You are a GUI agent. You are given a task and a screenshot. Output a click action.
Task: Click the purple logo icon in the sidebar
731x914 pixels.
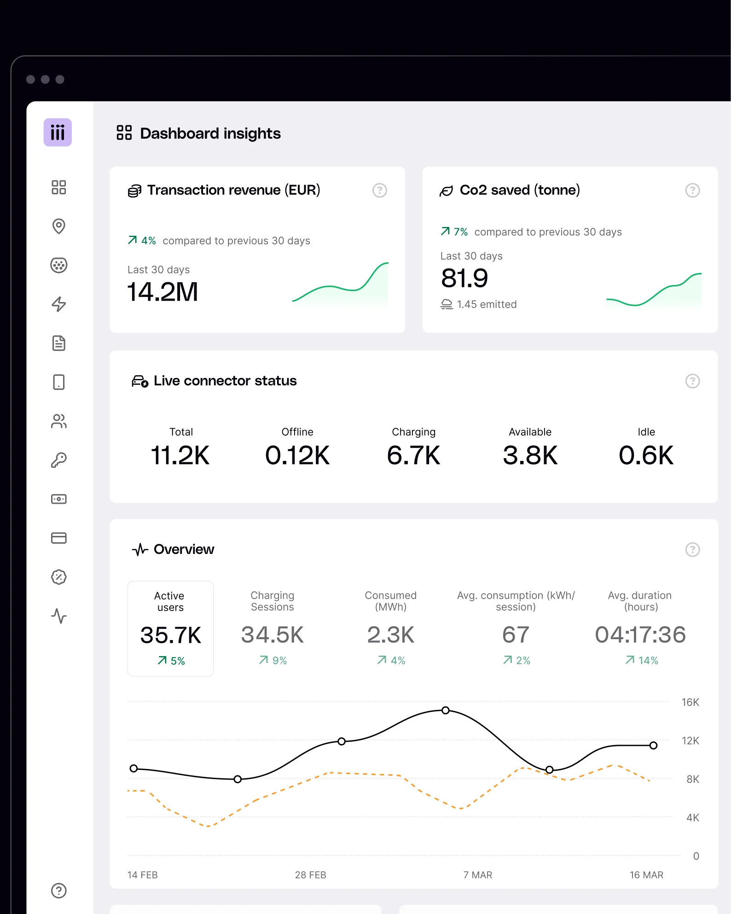coord(58,133)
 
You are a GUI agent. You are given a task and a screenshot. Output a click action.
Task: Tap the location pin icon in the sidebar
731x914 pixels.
coord(59,226)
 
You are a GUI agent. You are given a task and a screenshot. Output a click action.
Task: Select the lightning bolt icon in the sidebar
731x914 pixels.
coord(59,304)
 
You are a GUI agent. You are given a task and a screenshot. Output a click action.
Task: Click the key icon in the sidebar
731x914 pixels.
coord(59,460)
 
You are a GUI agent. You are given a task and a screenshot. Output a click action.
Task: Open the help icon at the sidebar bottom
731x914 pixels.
coord(59,891)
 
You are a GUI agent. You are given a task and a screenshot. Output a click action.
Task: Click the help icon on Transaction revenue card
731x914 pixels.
coord(380,190)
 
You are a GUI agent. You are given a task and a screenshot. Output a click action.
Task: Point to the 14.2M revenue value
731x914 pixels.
coord(162,292)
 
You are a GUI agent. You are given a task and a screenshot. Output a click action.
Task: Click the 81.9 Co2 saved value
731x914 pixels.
coord(464,278)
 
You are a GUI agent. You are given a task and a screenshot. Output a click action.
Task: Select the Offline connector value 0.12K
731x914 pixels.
coord(297,455)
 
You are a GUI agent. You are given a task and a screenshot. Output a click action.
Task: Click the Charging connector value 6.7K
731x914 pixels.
coord(414,455)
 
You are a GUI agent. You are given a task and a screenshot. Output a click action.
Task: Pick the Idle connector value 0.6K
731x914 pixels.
coord(646,455)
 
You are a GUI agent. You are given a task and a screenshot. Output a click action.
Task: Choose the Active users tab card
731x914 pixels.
coord(170,629)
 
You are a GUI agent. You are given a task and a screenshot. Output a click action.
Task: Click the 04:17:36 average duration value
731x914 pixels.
coord(640,635)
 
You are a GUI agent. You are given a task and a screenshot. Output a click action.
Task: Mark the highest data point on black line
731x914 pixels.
coord(446,710)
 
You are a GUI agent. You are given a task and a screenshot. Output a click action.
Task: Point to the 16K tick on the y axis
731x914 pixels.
coord(690,702)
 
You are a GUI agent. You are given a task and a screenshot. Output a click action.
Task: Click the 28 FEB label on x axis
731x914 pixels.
coord(311,875)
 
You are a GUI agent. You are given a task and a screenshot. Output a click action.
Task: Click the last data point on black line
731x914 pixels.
coord(653,745)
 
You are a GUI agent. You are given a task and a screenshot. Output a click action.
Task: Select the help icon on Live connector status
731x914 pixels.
coord(693,381)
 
